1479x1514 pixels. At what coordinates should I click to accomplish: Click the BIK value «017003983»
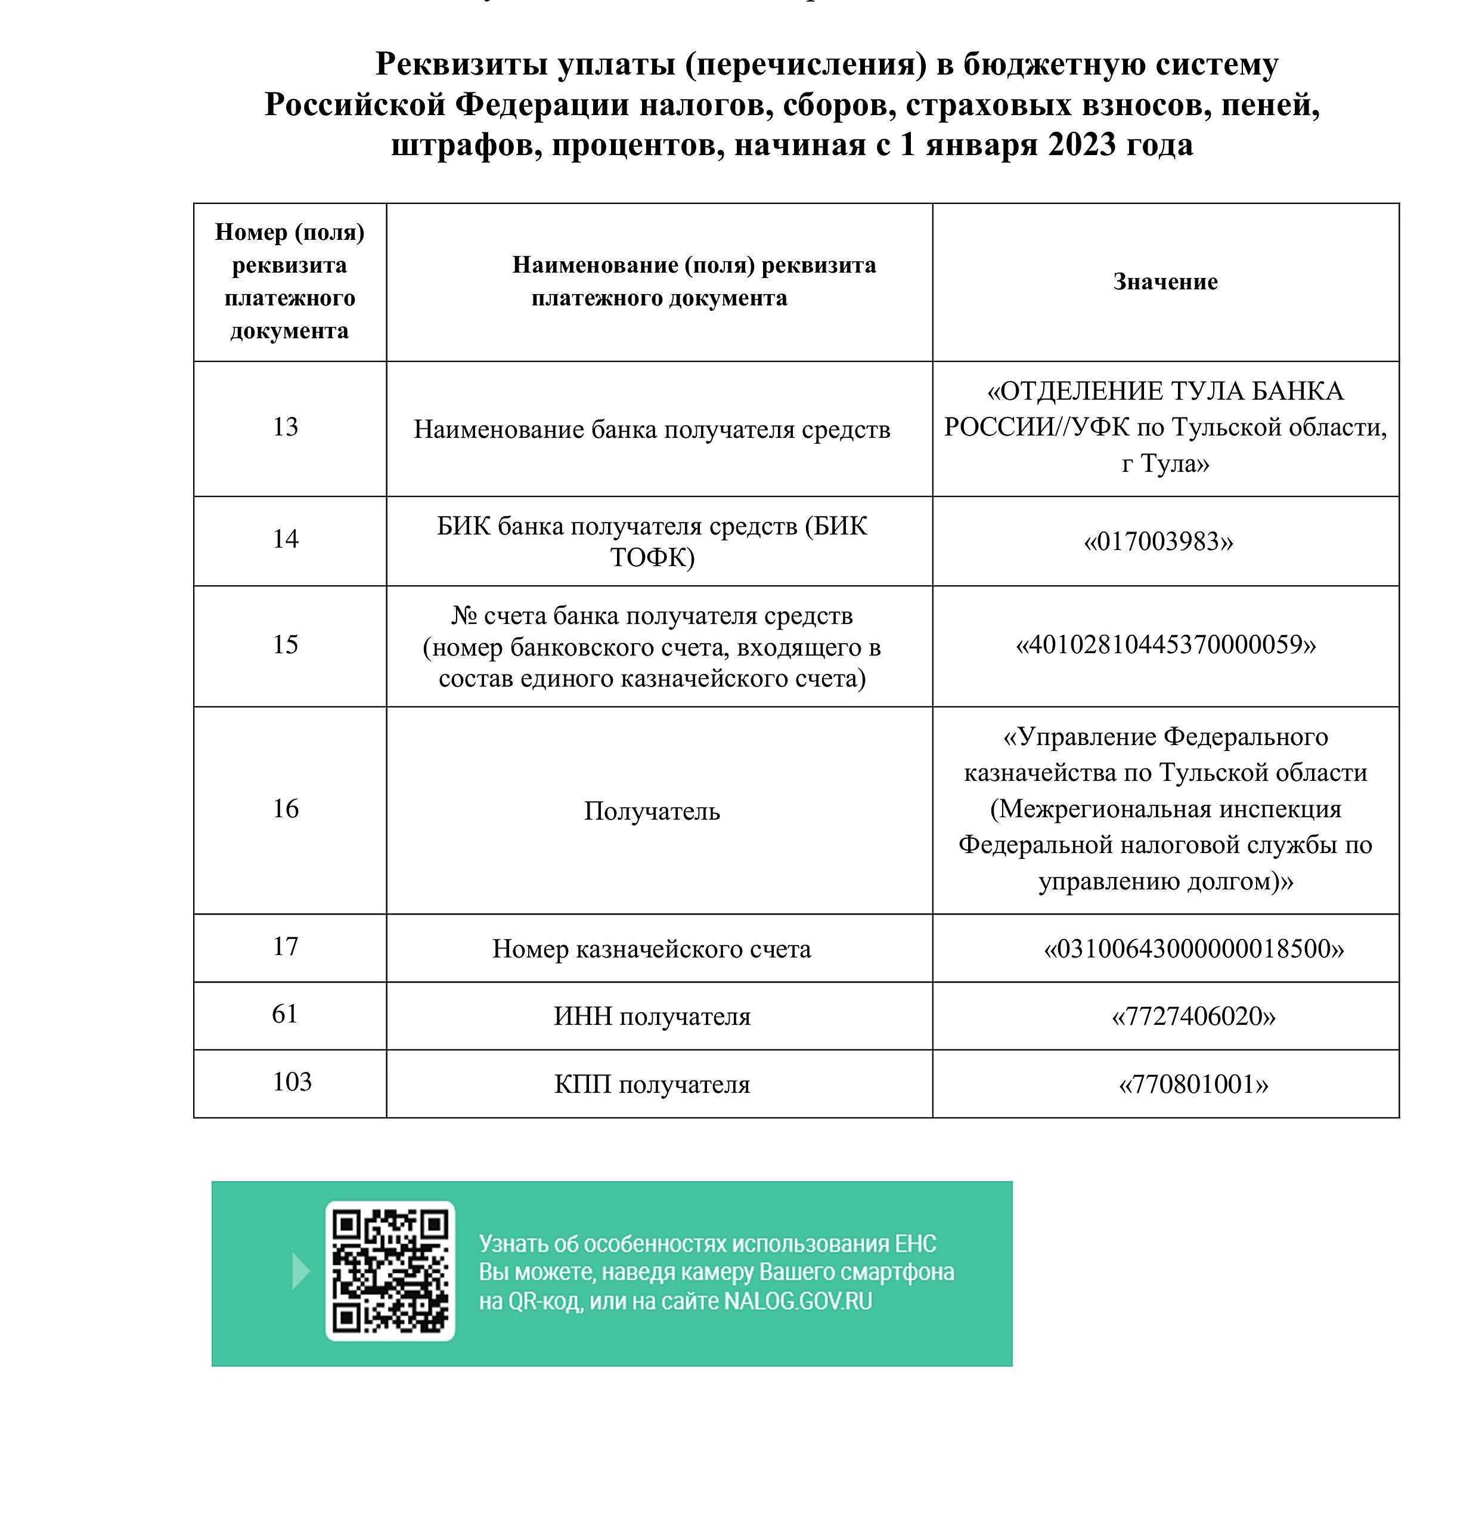1158,542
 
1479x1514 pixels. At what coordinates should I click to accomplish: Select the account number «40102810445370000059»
1165,644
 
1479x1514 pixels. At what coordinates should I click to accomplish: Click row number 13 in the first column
285,427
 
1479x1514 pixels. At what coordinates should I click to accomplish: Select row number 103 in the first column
292,1082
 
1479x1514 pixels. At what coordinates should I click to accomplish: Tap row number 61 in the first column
284,1014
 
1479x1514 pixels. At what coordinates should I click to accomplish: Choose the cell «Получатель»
652,811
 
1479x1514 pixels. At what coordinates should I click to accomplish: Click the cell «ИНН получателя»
652,1016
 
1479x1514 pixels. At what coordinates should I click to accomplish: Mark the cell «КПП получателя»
652,1084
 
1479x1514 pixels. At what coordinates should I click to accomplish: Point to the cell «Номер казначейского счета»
652,949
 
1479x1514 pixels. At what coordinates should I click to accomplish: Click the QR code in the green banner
390,1271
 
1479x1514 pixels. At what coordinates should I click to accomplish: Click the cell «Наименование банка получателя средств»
652,430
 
